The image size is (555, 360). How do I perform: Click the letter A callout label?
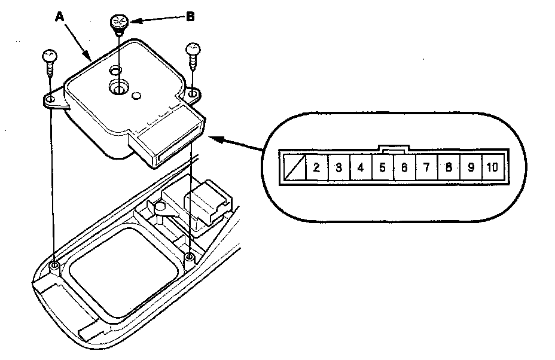pos(60,17)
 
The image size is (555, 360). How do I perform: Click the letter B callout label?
pos(190,17)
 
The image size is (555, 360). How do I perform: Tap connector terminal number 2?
pos(317,167)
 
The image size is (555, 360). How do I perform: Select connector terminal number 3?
pos(339,167)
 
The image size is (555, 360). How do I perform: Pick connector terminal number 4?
pos(361,167)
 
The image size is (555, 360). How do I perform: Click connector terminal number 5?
pos(383,167)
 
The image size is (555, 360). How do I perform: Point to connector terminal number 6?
pos(404,167)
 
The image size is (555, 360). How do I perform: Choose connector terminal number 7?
pos(426,167)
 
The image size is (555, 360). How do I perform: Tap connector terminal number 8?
pos(449,167)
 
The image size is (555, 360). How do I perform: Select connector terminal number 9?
pos(471,167)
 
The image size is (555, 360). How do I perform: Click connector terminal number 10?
pos(493,167)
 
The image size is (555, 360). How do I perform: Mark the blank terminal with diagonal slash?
pos(295,167)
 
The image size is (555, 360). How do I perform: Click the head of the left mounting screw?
pos(50,56)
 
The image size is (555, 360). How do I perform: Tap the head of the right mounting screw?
pos(193,49)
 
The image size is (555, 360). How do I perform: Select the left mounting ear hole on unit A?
pos(50,99)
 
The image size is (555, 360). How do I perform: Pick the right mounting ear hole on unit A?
pos(193,94)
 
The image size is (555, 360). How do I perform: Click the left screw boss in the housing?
pos(54,266)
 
